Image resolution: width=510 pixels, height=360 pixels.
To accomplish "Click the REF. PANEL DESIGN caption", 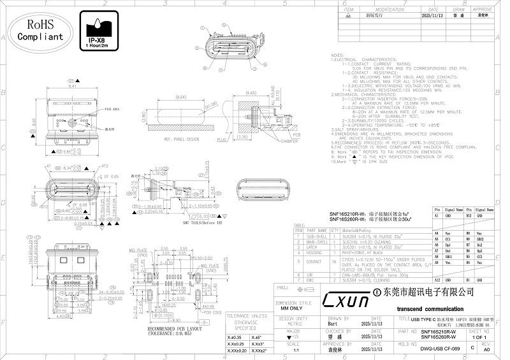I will click(x=181, y=138).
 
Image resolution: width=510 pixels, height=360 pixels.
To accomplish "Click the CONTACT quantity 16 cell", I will click(x=334, y=261).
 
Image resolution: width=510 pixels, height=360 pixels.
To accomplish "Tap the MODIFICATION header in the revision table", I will click(x=390, y=10).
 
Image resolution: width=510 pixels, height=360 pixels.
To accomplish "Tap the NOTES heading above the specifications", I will click(x=337, y=55).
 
